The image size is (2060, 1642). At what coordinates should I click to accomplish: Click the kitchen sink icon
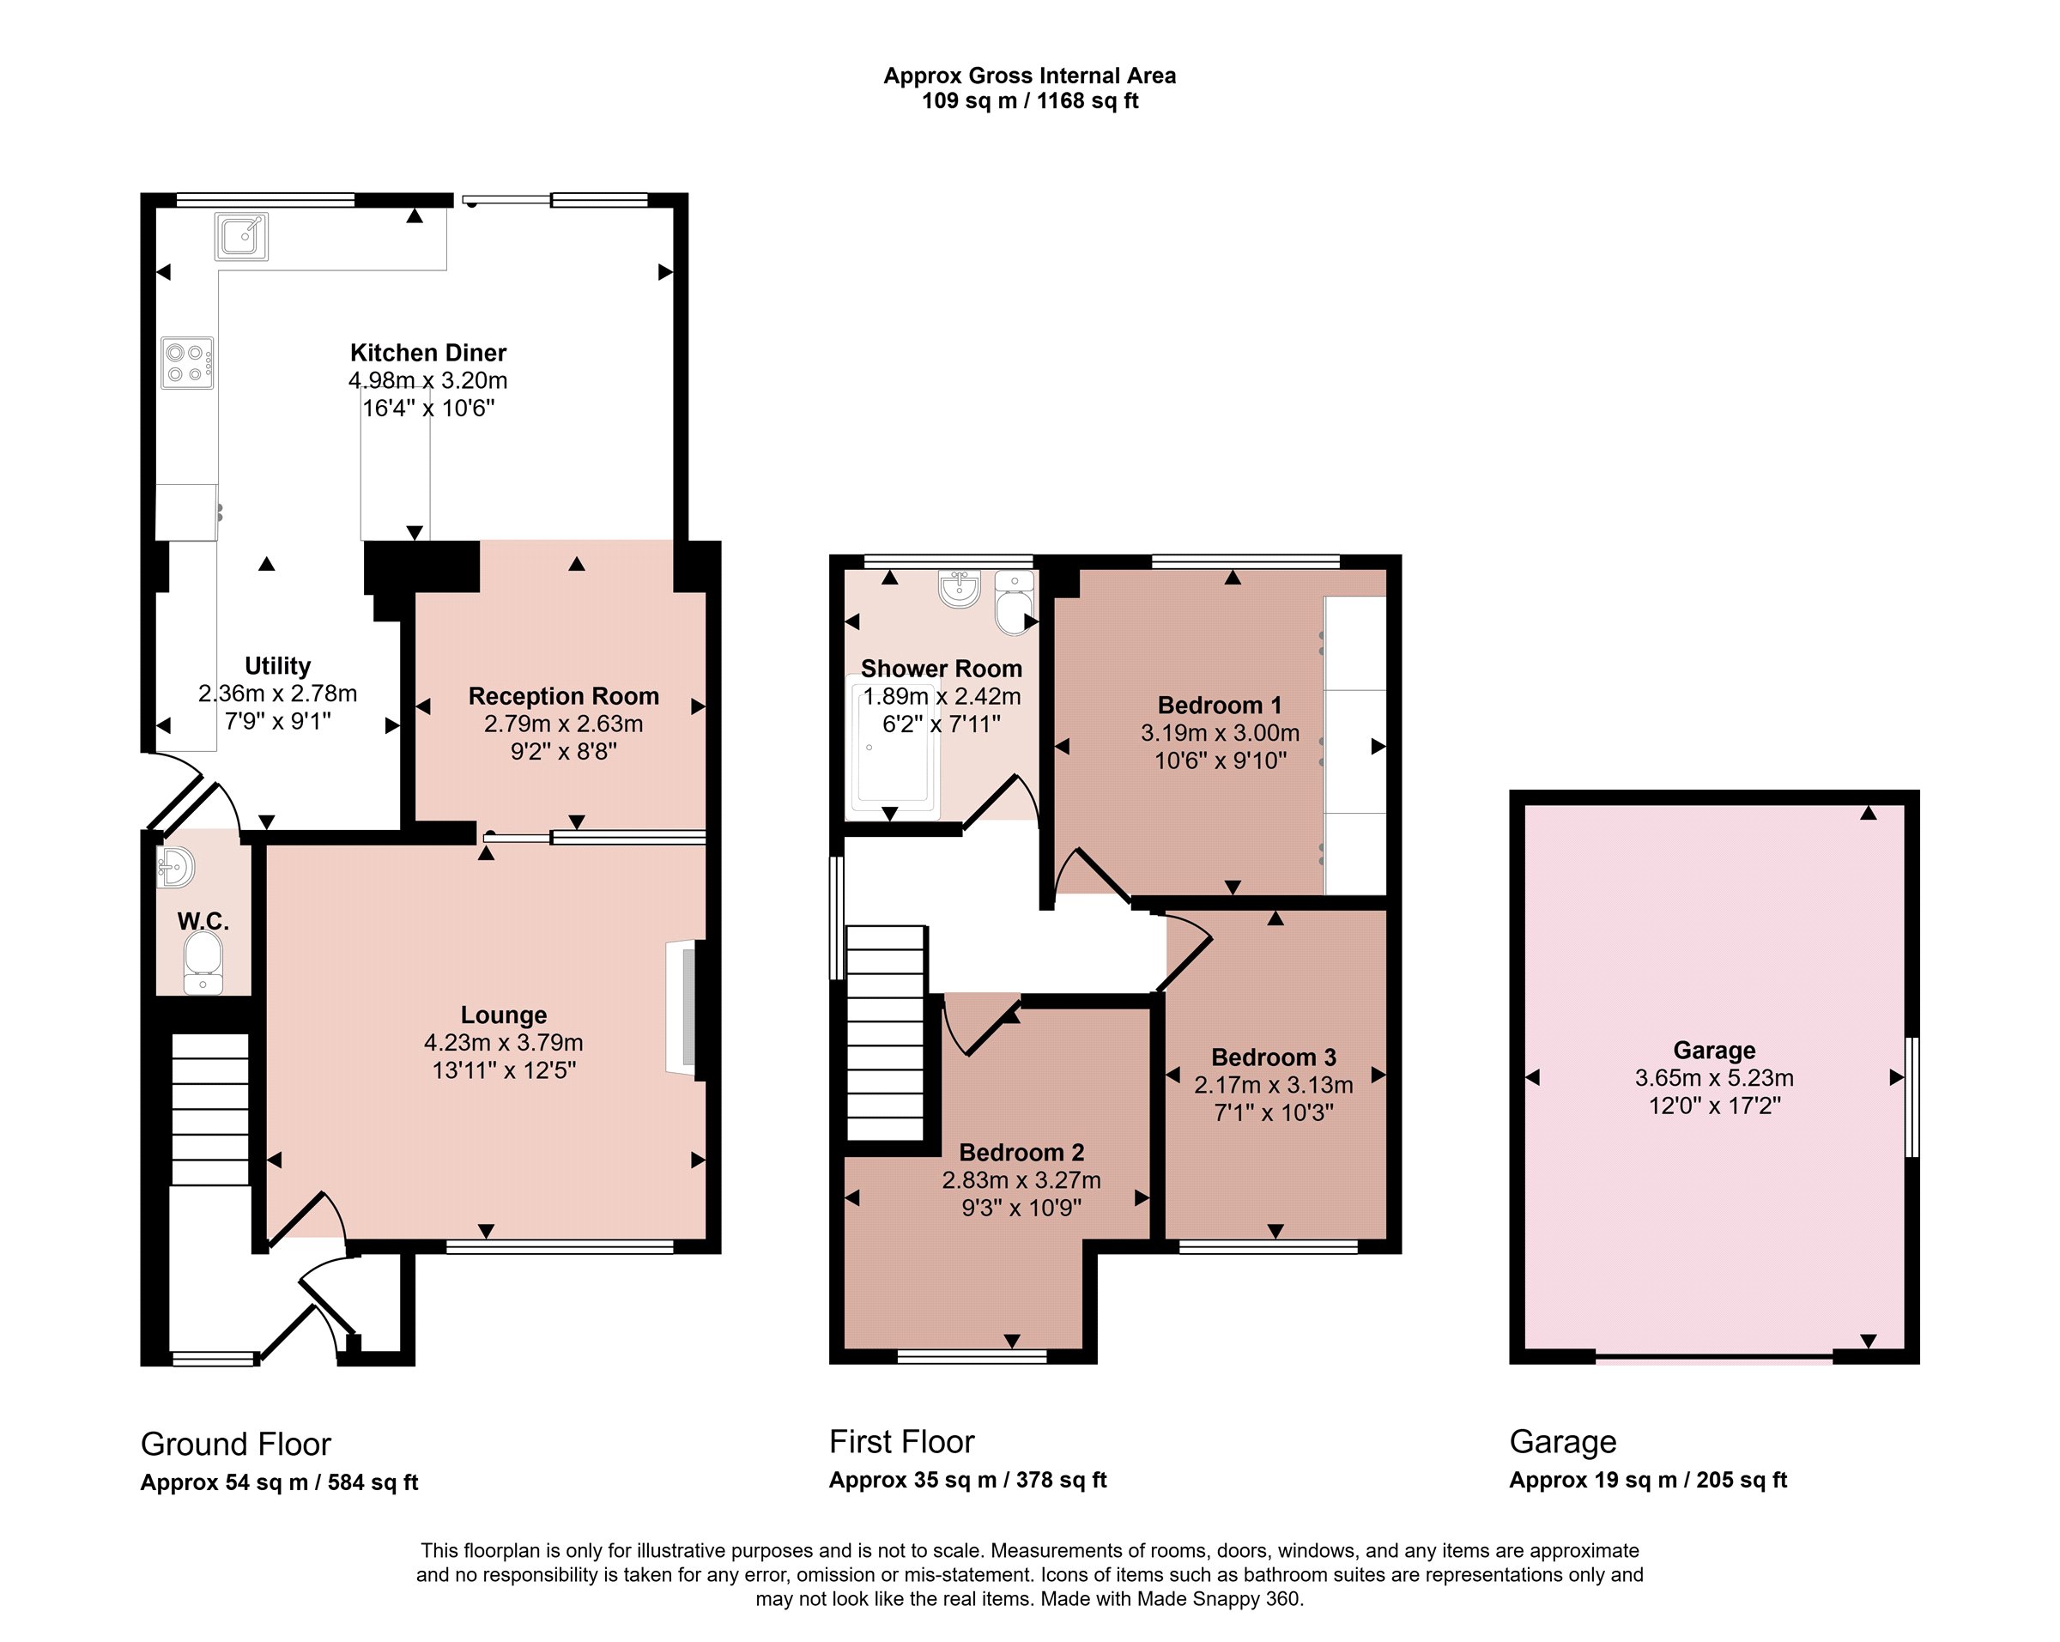[x=242, y=236]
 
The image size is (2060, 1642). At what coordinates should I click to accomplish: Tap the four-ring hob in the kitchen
[x=187, y=363]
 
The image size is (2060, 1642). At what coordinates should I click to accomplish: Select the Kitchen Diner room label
[x=428, y=353]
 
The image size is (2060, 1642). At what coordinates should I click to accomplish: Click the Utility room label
[x=277, y=666]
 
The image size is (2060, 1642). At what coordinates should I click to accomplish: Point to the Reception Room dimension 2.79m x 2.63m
[x=564, y=724]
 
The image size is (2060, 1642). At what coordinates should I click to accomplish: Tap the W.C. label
[x=203, y=922]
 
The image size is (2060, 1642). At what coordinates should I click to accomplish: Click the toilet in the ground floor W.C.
[x=203, y=962]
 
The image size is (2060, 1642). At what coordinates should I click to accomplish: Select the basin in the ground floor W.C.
[x=176, y=867]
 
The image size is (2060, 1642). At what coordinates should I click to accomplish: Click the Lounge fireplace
[x=686, y=1010]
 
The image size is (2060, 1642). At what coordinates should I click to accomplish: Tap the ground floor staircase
[x=210, y=1110]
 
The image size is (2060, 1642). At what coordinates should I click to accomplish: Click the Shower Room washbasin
[x=960, y=589]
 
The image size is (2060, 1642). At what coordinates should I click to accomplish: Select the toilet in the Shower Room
[x=1015, y=603]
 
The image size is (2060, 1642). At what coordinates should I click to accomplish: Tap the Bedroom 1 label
[x=1221, y=706]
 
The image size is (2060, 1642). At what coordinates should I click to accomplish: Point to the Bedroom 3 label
[x=1274, y=1057]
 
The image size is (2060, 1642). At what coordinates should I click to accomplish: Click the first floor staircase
[x=887, y=1033]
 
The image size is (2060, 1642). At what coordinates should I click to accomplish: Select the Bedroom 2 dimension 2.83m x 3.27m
[x=1021, y=1180]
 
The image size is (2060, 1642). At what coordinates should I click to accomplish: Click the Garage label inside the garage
[x=1714, y=1051]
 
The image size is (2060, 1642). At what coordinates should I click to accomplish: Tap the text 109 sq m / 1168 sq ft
[x=1030, y=101]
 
